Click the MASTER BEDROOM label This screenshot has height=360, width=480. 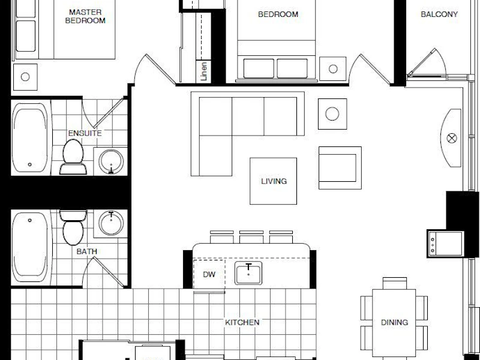[x=85, y=17]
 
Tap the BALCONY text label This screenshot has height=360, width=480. [x=439, y=14]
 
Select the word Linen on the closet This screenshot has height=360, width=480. [x=204, y=71]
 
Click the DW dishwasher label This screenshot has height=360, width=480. [x=209, y=275]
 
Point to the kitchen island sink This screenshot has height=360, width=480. [x=248, y=273]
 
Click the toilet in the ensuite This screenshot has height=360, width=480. [x=73, y=157]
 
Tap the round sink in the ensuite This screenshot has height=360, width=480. [x=111, y=161]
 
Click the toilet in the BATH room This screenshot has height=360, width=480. [x=73, y=227]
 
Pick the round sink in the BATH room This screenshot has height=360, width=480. [x=111, y=223]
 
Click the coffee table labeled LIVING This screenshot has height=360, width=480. [x=274, y=181]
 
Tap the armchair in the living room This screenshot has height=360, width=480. [x=340, y=168]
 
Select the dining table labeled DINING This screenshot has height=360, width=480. [x=394, y=323]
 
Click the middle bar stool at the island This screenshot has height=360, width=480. [x=251, y=237]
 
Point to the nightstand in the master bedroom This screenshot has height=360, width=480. [x=25, y=77]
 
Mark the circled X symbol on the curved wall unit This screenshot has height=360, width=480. [x=452, y=139]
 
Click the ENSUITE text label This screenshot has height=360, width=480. [x=85, y=133]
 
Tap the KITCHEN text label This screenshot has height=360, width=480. [x=242, y=322]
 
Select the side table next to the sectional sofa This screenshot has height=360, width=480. [x=332, y=114]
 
